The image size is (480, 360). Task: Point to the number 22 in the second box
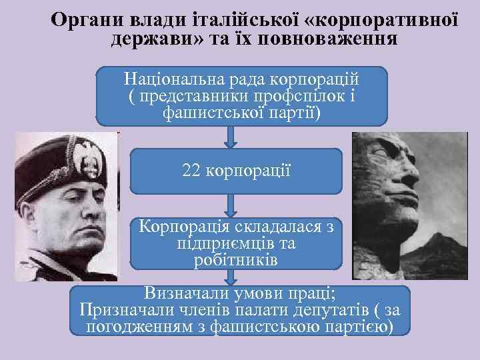pos(192,170)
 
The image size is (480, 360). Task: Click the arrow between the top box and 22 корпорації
pos(231,137)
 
